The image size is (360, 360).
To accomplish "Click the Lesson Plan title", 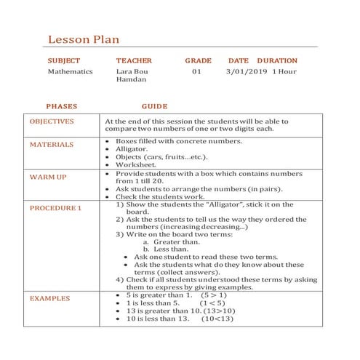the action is click(84, 39).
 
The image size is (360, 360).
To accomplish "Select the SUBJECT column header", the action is click(63, 61).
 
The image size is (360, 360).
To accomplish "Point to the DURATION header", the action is click(277, 61).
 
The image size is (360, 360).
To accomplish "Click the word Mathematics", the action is click(71, 73).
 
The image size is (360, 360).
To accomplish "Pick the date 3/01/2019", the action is click(247, 73).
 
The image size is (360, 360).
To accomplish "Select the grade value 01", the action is click(196, 73).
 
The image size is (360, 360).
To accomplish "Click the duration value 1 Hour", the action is click(284, 73).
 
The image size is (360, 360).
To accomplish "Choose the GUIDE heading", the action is click(154, 106).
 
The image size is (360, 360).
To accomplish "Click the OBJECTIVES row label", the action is click(52, 121).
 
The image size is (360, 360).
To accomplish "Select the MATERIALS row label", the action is click(52, 144).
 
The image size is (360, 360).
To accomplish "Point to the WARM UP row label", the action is click(48, 177).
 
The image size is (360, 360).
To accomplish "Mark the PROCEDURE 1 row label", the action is click(55, 208).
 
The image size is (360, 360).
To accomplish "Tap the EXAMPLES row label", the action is click(50, 298).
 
